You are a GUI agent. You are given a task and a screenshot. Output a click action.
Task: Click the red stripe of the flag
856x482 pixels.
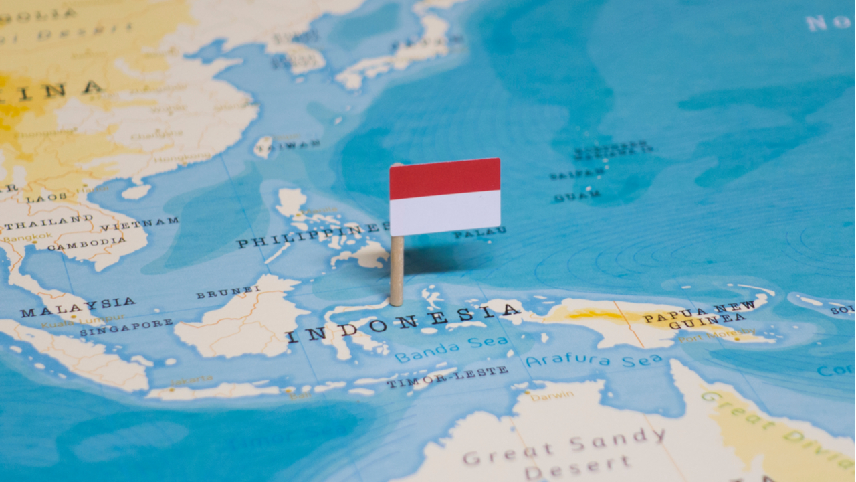tap(445, 178)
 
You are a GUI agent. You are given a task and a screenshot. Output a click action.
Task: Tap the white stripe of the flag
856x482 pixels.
tap(445, 213)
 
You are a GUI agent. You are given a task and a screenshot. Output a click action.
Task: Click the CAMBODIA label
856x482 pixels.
tap(76, 246)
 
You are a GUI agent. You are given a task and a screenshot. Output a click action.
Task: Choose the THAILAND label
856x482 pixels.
tap(51, 221)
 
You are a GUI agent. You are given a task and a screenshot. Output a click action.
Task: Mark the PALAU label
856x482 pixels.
tap(479, 234)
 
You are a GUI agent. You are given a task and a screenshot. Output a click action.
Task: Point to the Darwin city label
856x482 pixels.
tap(552, 396)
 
